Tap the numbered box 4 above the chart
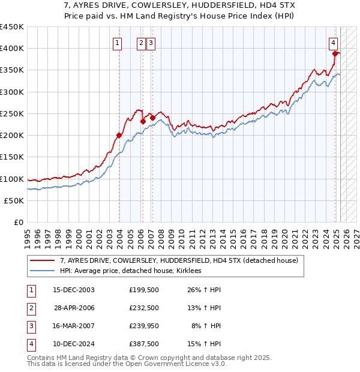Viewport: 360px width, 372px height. point(332,43)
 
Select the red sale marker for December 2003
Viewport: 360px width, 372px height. point(119,135)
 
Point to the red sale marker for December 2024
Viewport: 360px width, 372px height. point(335,53)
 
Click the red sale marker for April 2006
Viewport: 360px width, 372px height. point(143,121)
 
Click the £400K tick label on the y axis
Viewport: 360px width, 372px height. point(12,49)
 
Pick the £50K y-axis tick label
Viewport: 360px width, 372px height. point(14,200)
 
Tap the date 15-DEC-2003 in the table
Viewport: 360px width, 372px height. point(73,290)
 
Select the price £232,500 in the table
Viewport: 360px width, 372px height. point(143,308)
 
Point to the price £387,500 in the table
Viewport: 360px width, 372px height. point(143,344)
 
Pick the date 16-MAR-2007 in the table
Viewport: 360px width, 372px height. point(73,326)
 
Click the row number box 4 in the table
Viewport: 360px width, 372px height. point(30,344)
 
